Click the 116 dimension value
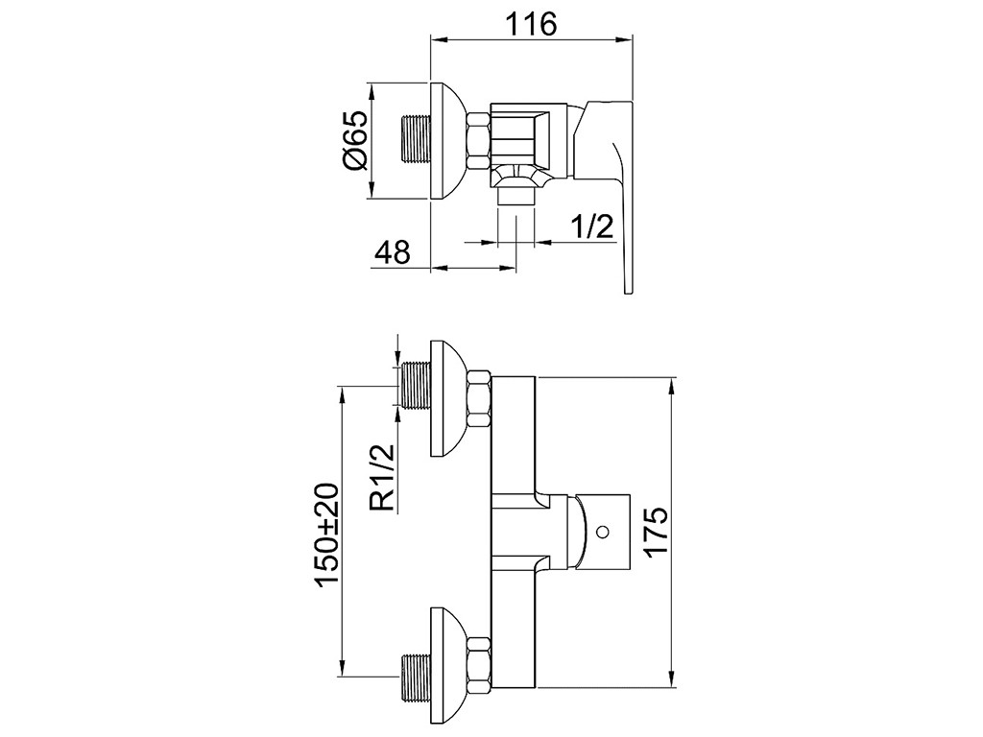tap(531, 24)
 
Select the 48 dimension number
tap(393, 252)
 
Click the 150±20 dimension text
tap(327, 535)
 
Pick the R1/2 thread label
tap(382, 478)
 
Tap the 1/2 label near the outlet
tap(591, 226)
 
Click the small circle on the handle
tap(603, 532)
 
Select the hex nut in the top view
tap(478, 140)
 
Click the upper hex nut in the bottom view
tap(478, 398)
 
